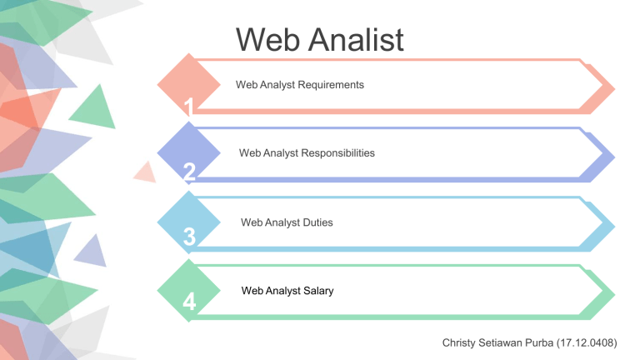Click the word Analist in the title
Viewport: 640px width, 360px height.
point(356,40)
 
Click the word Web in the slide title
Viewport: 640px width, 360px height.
point(267,40)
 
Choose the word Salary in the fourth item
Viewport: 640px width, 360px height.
point(318,291)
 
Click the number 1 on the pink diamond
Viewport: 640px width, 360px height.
point(188,107)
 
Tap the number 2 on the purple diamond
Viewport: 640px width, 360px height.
point(189,172)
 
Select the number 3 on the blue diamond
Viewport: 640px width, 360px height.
point(189,237)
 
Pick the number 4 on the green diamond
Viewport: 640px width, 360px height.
point(189,302)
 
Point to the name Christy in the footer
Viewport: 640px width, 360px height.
point(458,342)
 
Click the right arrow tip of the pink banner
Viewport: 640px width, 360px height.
point(614,88)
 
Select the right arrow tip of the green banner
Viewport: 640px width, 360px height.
point(614,294)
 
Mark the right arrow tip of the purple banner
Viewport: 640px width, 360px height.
point(614,157)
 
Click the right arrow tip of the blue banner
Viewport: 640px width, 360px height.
point(614,226)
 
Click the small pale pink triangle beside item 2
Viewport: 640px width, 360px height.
point(146,172)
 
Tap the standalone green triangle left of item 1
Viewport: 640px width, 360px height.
point(95,108)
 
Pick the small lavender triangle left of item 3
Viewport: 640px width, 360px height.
point(92,252)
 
